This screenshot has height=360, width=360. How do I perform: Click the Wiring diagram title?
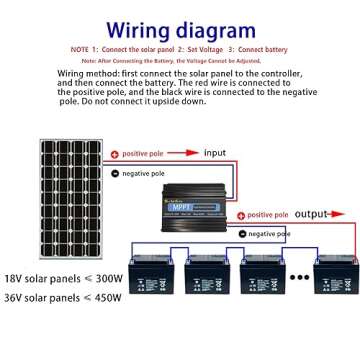(181, 27)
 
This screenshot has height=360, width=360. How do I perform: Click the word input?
(215, 152)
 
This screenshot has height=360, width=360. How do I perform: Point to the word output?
(312, 214)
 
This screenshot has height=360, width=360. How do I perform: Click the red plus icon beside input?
(114, 153)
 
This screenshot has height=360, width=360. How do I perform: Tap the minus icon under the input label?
(114, 173)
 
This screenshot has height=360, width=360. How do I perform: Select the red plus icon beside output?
(239, 215)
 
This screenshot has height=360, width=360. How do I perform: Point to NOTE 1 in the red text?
(83, 48)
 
